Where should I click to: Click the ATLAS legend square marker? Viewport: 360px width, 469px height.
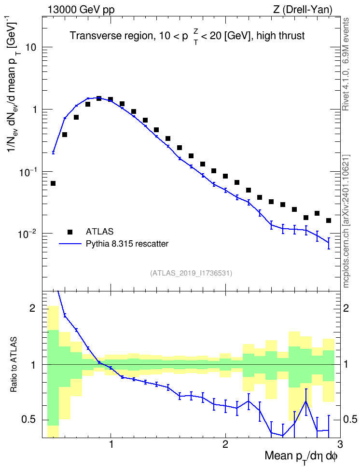click(70, 232)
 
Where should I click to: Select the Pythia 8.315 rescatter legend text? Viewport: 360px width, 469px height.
click(127, 244)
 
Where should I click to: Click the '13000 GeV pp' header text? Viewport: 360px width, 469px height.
click(81, 10)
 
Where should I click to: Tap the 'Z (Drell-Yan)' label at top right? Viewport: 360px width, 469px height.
click(303, 10)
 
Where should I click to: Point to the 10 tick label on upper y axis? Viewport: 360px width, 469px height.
click(30, 47)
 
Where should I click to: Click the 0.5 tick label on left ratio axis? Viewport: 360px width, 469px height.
click(28, 420)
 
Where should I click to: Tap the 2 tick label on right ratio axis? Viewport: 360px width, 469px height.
click(346, 308)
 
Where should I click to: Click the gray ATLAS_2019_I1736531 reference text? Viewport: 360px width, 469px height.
click(191, 273)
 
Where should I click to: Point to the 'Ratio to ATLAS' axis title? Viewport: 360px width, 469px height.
click(14, 365)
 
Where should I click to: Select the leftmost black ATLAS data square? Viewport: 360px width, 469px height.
click(53, 183)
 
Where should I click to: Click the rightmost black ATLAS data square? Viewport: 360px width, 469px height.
click(329, 221)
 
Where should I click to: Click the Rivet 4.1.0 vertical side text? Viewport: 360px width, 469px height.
click(346, 64)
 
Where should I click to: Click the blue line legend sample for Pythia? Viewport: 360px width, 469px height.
click(70, 244)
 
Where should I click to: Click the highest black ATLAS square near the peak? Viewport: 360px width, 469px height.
click(99, 98)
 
